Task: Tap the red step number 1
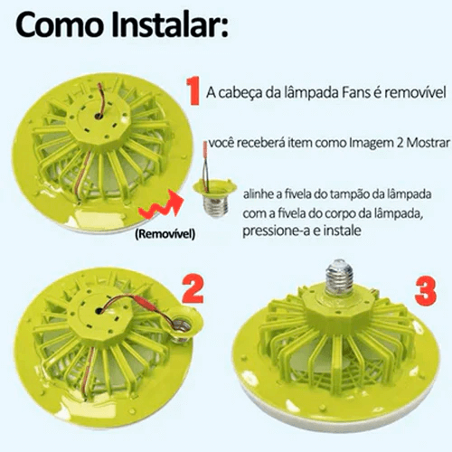(x=192, y=91)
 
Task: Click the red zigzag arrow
(x=163, y=209)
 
